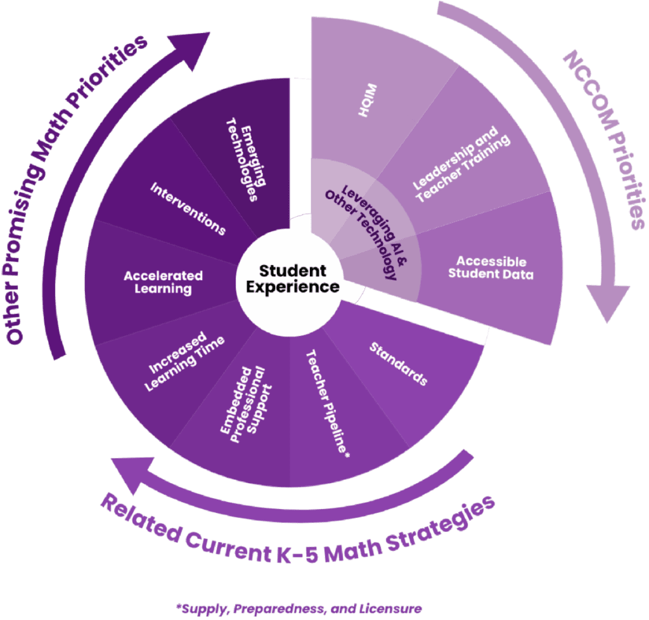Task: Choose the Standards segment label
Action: [x=398, y=364]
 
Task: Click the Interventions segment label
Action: [x=188, y=209]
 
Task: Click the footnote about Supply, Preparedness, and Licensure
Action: [x=301, y=608]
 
